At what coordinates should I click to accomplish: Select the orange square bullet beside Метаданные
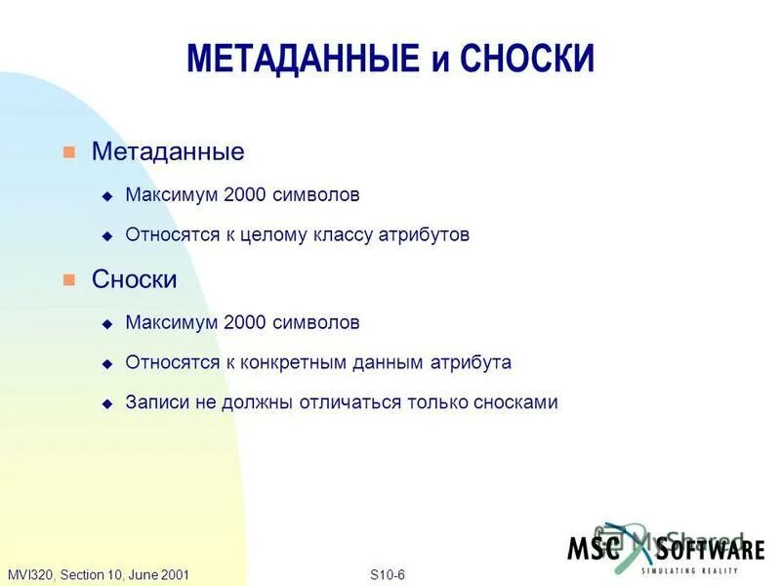pos(68,152)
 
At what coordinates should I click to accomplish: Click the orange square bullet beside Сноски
pos(68,280)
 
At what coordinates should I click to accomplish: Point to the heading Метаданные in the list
pos(168,152)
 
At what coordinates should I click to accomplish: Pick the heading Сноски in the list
pos(135,280)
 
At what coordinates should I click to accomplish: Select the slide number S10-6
pos(388,574)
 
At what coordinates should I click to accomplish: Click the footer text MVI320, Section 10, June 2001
pos(99,574)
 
